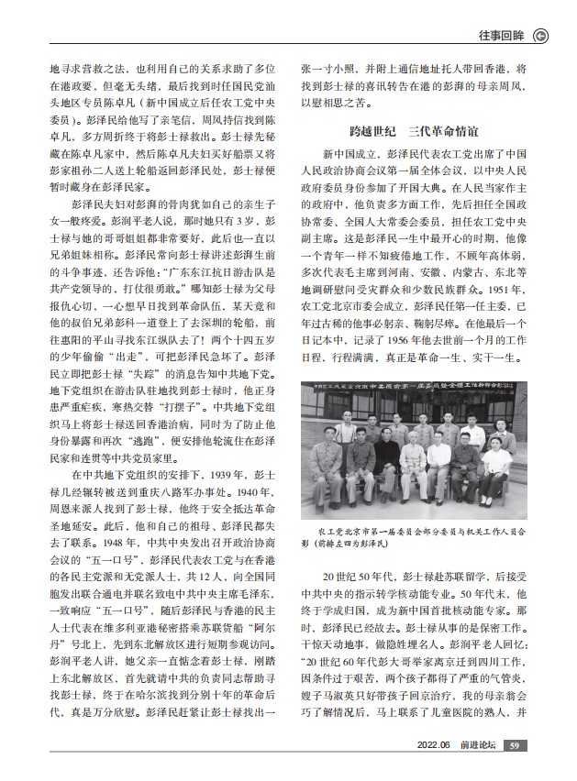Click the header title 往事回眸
pos(503,38)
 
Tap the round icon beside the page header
pos(541,38)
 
